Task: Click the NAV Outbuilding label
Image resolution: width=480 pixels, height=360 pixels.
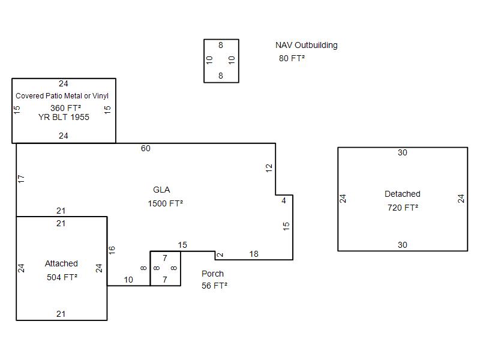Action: point(306,45)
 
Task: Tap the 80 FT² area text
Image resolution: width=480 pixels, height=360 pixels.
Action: point(292,58)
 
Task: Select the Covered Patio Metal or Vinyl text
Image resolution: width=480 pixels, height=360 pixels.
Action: point(62,96)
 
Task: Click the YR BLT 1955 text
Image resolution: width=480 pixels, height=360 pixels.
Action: point(64,117)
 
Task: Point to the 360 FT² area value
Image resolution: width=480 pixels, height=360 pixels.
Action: point(65,108)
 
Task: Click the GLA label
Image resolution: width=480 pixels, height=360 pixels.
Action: point(161,190)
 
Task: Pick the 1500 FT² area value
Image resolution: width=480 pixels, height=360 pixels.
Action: point(165,203)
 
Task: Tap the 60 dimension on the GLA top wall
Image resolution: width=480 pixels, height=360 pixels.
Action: point(146,148)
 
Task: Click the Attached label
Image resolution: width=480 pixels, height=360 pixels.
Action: point(61,263)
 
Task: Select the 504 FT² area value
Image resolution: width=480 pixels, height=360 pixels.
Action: point(62,277)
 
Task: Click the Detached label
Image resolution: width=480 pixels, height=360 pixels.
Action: point(402,194)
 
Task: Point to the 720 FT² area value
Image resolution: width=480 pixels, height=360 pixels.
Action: point(403,208)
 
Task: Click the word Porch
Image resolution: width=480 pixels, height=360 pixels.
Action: point(212,274)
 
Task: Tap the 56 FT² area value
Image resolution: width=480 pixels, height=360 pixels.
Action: point(214,286)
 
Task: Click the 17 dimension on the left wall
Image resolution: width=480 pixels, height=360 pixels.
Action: point(22,179)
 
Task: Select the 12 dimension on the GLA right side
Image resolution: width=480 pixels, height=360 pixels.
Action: point(269,168)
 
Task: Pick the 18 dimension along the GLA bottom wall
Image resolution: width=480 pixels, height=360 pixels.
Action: point(254,254)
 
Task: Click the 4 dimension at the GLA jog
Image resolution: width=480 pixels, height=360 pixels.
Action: point(284,201)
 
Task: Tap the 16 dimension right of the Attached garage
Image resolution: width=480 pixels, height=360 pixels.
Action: point(112,249)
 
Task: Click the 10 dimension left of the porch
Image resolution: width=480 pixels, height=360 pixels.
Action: point(128,280)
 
